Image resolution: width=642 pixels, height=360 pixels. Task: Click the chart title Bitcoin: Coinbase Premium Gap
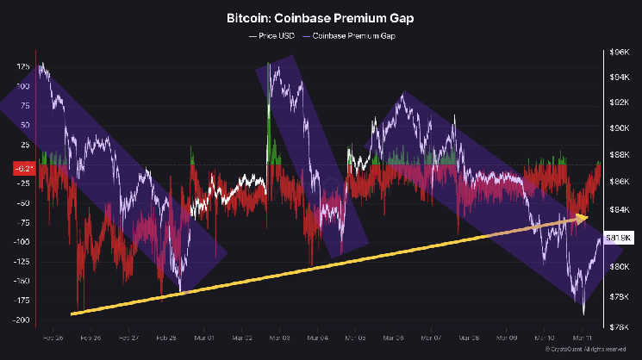[321, 17]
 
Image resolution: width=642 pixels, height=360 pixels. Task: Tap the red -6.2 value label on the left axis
[24, 168]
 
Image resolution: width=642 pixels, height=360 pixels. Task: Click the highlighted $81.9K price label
[619, 237]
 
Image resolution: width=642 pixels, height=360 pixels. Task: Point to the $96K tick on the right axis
[619, 52]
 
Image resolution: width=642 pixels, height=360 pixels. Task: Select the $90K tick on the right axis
[619, 128]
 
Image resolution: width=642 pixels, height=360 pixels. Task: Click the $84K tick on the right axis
[619, 209]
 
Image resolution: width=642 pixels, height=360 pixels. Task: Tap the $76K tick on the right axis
[619, 326]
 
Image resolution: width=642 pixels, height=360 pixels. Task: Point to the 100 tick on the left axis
[24, 86]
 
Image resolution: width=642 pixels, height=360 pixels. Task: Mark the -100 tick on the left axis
[23, 242]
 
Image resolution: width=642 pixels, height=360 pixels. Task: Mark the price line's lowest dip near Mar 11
[583, 313]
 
